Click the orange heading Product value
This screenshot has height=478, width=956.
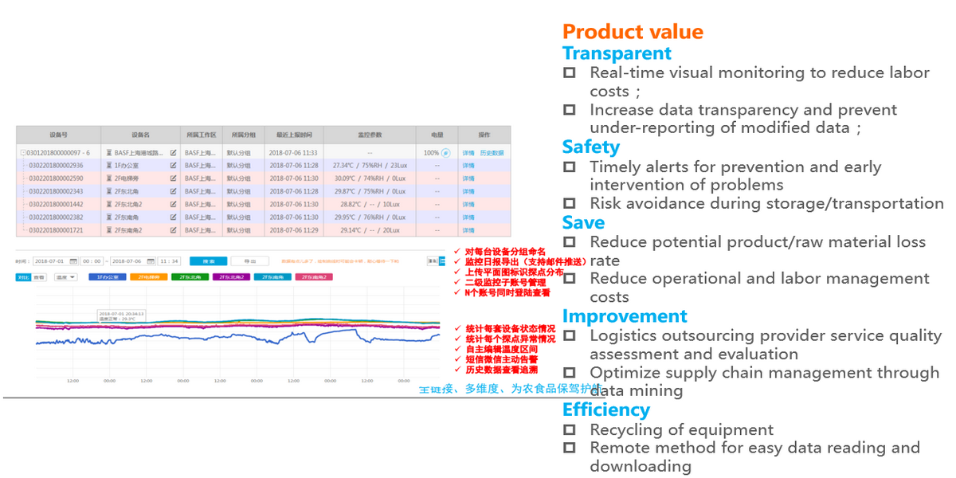[x=633, y=32]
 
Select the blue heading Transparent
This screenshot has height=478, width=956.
[x=617, y=53]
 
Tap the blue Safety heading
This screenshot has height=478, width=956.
[x=590, y=147]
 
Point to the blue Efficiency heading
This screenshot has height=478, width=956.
[x=605, y=409]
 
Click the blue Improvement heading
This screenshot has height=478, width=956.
[x=625, y=316]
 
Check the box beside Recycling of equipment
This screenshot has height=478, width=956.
[x=569, y=429]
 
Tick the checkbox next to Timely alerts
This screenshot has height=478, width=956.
[x=569, y=167]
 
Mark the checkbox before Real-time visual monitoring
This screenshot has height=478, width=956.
[x=569, y=72]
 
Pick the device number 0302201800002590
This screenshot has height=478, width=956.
[x=56, y=178]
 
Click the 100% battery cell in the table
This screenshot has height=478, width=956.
[x=431, y=153]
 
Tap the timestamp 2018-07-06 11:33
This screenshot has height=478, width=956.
[x=293, y=153]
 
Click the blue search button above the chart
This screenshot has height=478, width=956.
[x=208, y=261]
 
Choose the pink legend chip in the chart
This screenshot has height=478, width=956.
[x=315, y=277]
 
